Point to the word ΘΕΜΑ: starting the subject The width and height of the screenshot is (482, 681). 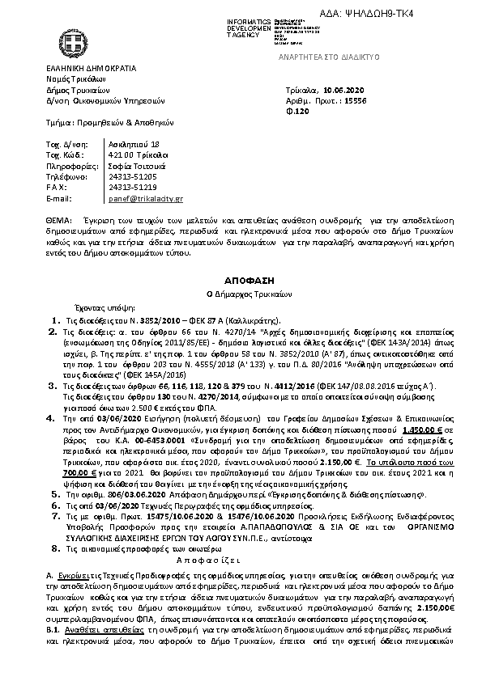[59, 221]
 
